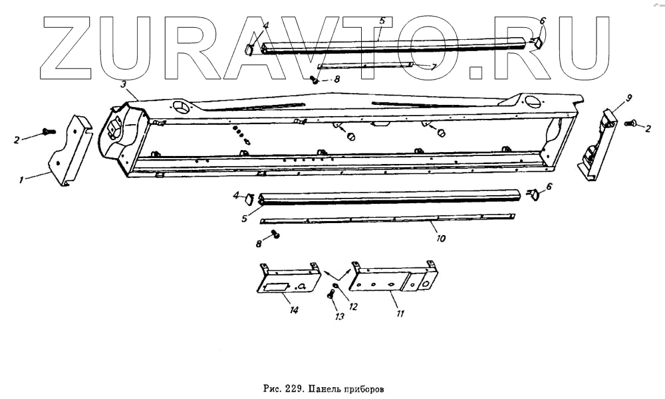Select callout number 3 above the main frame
(x=124, y=84)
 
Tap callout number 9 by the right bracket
(x=628, y=98)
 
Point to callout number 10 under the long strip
(x=440, y=237)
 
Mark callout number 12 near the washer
(x=353, y=307)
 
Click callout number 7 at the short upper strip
(x=433, y=67)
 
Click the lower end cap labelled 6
(x=533, y=194)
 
